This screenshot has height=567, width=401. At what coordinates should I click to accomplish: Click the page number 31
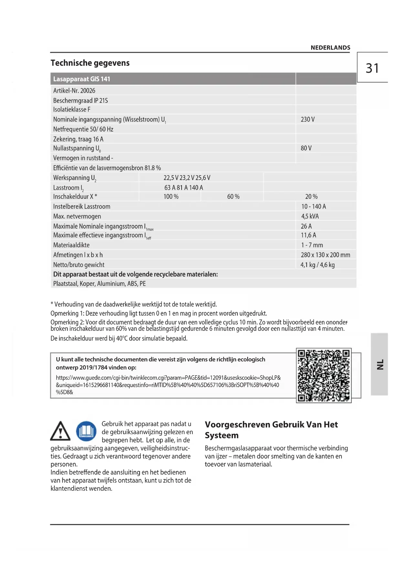[x=372, y=68]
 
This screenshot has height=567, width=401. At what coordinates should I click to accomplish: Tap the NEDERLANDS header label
[x=330, y=48]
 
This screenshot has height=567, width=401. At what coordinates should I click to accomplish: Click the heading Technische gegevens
[x=90, y=63]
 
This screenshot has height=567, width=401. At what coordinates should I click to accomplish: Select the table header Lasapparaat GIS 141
[x=81, y=79]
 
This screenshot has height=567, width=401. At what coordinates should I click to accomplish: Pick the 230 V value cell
[x=307, y=119]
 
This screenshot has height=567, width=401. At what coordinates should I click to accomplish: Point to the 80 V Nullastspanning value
[x=306, y=148]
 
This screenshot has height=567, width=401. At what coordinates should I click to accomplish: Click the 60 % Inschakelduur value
[x=233, y=197]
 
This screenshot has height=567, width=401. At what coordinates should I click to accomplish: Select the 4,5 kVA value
[x=310, y=216]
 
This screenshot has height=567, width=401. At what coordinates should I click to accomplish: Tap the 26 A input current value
[x=306, y=226]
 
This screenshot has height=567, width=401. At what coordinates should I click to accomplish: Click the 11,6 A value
[x=308, y=235]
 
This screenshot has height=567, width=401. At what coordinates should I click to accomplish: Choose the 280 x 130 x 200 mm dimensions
[x=325, y=255]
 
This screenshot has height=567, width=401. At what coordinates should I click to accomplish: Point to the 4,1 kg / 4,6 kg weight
[x=317, y=265]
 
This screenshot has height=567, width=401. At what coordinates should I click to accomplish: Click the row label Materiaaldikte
[x=71, y=245]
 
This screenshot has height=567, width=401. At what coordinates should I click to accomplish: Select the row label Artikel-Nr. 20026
[x=74, y=91]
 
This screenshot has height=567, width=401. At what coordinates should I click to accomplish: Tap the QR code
[x=323, y=375]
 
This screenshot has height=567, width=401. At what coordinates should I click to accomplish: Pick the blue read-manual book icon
[x=86, y=431]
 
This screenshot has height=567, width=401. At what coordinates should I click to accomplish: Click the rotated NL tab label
[x=380, y=364]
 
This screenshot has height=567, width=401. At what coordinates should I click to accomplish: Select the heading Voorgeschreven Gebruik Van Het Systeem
[x=271, y=430]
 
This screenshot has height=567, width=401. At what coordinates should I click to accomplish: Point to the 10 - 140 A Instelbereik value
[x=313, y=206]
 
